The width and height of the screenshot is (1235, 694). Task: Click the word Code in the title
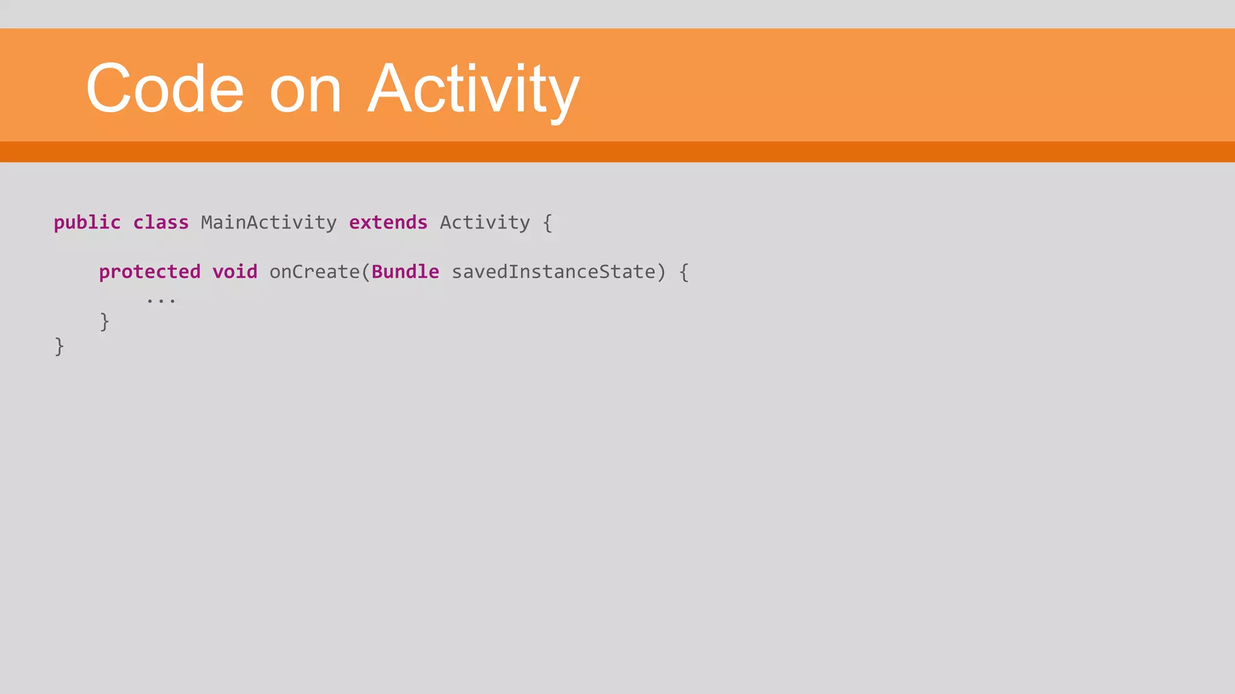click(x=165, y=89)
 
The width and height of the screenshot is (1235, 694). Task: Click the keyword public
click(x=87, y=223)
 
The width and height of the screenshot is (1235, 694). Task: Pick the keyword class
click(x=160, y=223)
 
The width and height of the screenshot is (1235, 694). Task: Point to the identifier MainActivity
click(x=268, y=223)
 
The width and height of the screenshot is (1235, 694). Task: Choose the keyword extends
click(x=388, y=223)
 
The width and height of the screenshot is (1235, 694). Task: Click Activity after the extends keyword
click(x=484, y=223)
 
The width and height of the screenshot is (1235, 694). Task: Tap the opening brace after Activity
click(x=547, y=223)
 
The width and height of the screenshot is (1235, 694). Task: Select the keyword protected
click(x=150, y=272)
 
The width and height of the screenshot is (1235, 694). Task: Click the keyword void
click(x=235, y=272)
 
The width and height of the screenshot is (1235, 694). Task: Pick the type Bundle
click(x=405, y=272)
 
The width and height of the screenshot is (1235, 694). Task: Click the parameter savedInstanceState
click(x=553, y=272)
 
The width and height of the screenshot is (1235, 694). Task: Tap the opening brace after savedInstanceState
click(x=683, y=272)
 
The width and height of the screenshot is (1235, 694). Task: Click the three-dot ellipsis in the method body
click(x=160, y=299)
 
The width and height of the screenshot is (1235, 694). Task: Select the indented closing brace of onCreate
click(x=104, y=322)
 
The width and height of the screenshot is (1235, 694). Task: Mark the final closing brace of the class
click(x=59, y=346)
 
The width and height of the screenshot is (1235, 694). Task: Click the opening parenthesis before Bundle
click(x=365, y=272)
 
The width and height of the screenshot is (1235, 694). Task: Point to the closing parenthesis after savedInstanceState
click(x=661, y=272)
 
